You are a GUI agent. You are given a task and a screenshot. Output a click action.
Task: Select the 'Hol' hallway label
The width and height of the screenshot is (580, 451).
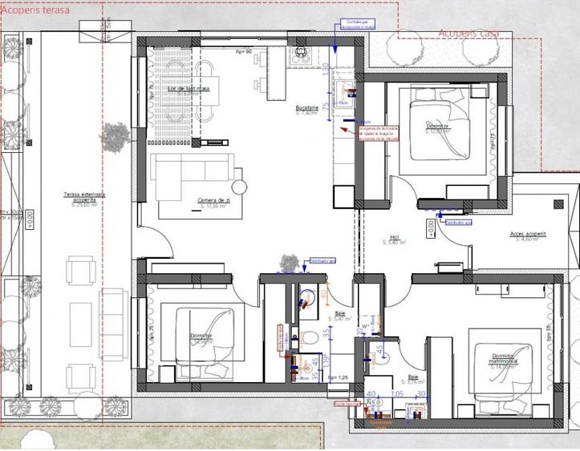(395, 238)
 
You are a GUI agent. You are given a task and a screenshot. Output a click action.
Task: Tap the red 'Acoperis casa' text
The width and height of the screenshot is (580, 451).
(469, 33)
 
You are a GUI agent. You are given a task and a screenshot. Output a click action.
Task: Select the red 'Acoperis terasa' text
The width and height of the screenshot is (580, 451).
(35, 10)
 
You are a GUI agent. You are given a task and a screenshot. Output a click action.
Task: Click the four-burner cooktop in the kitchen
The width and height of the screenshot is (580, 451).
(302, 54)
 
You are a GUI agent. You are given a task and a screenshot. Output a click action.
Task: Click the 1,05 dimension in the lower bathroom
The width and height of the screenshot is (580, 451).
(396, 394)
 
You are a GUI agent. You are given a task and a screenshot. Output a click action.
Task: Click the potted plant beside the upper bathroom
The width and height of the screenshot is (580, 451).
(288, 262)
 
